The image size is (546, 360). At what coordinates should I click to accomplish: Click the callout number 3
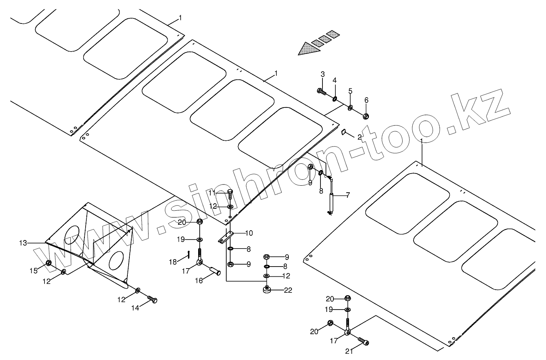pyautogui.click(x=323, y=74)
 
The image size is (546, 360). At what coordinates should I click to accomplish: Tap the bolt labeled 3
pyautogui.click(x=321, y=92)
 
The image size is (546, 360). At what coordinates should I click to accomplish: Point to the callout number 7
pyautogui.click(x=347, y=195)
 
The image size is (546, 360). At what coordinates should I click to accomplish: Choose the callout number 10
pyautogui.click(x=249, y=233)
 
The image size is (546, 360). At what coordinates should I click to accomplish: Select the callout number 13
pyautogui.click(x=23, y=243)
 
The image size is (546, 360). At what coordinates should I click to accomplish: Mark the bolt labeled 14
pyautogui.click(x=152, y=299)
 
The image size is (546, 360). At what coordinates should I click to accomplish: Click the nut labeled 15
pyautogui.click(x=49, y=262)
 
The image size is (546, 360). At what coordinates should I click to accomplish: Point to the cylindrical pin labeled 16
pyautogui.click(x=215, y=270)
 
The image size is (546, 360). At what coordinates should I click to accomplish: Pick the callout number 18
pyautogui.click(x=173, y=262)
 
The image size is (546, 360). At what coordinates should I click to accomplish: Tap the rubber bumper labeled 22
pyautogui.click(x=267, y=290)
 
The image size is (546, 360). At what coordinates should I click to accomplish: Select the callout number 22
pyautogui.click(x=288, y=290)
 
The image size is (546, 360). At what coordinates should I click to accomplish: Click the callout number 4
pyautogui.click(x=335, y=81)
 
